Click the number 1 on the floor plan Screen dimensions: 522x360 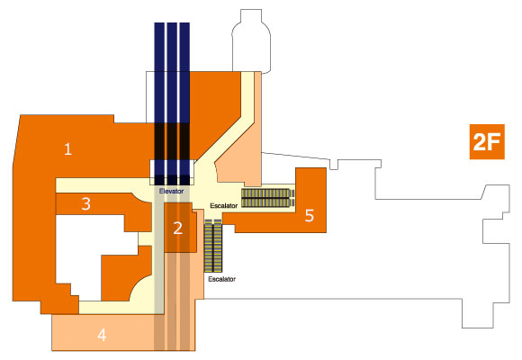tap(67, 148)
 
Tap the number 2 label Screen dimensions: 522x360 tap(178, 229)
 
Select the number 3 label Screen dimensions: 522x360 tap(86, 203)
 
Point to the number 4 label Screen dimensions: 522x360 tap(102, 335)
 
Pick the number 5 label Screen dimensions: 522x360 tap(310, 216)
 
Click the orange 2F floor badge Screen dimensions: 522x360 tap(487, 142)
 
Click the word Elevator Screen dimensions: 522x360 tap(171, 192)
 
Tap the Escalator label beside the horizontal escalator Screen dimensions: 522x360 tap(224, 206)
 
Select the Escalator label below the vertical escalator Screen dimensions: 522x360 tap(221, 279)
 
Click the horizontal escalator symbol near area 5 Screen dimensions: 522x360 tap(268, 198)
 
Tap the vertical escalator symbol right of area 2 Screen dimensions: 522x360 tap(213, 246)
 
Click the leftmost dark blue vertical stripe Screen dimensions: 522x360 tap(159, 103)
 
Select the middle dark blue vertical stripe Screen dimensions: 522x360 tap(172, 103)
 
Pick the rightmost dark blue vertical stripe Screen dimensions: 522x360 tap(184, 103)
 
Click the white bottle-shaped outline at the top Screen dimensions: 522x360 tap(251, 40)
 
